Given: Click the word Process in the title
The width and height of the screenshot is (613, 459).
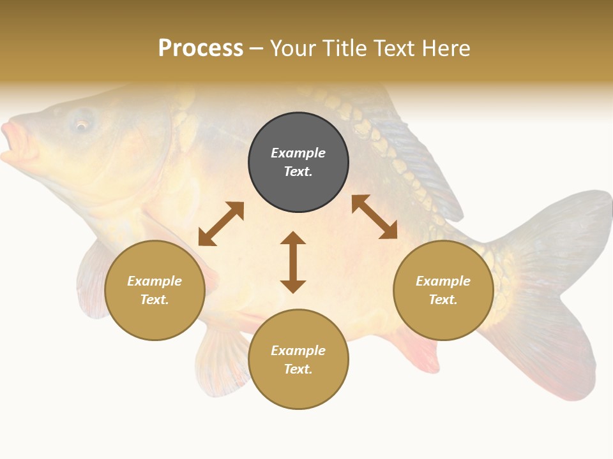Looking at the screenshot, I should (x=201, y=48).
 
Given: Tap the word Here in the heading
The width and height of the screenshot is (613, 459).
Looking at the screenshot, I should (x=445, y=48).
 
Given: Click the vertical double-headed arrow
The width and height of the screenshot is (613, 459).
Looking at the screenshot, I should (x=293, y=262).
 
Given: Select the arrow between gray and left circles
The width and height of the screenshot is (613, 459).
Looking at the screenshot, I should (x=221, y=224).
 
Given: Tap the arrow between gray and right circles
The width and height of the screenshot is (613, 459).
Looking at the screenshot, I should (x=374, y=217).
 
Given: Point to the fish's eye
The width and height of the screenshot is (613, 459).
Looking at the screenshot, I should (x=82, y=125).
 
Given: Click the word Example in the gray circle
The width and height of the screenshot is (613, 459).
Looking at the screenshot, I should (x=298, y=153).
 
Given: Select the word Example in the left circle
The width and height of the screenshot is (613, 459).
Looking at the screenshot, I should (x=155, y=281).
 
